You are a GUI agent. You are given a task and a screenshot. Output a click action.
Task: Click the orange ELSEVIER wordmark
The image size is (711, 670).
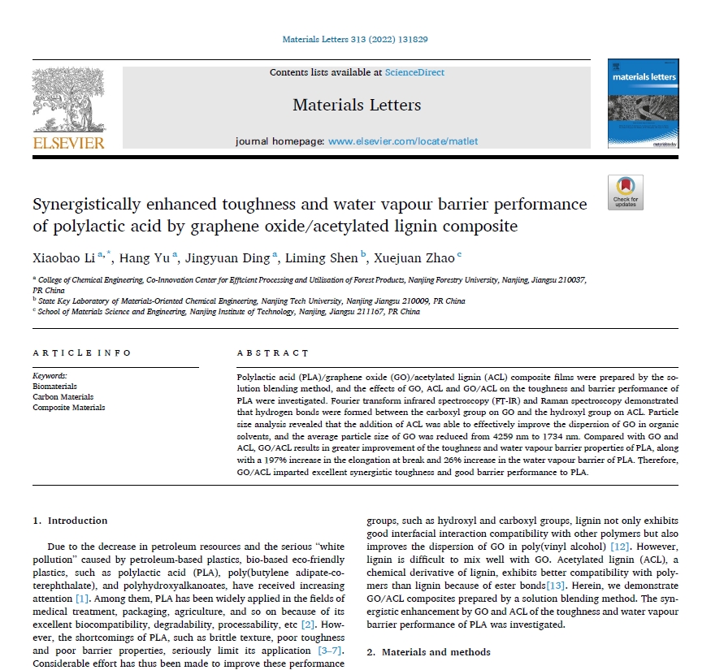click(68, 143)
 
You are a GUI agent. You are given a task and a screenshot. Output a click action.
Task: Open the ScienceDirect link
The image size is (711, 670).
click(414, 72)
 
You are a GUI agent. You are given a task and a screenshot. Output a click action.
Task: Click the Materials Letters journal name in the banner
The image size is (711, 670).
click(357, 105)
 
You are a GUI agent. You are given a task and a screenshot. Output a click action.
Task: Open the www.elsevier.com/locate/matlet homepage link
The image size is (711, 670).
click(403, 141)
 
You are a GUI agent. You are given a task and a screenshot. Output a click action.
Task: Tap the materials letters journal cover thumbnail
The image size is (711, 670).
click(643, 103)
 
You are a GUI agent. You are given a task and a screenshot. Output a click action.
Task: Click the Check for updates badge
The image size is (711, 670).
click(625, 192)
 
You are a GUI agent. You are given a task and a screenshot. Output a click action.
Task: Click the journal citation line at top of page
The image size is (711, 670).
click(355, 39)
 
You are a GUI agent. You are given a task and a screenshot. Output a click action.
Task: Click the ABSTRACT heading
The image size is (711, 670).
click(273, 353)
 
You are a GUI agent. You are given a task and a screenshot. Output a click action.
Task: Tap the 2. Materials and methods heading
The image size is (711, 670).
click(428, 652)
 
